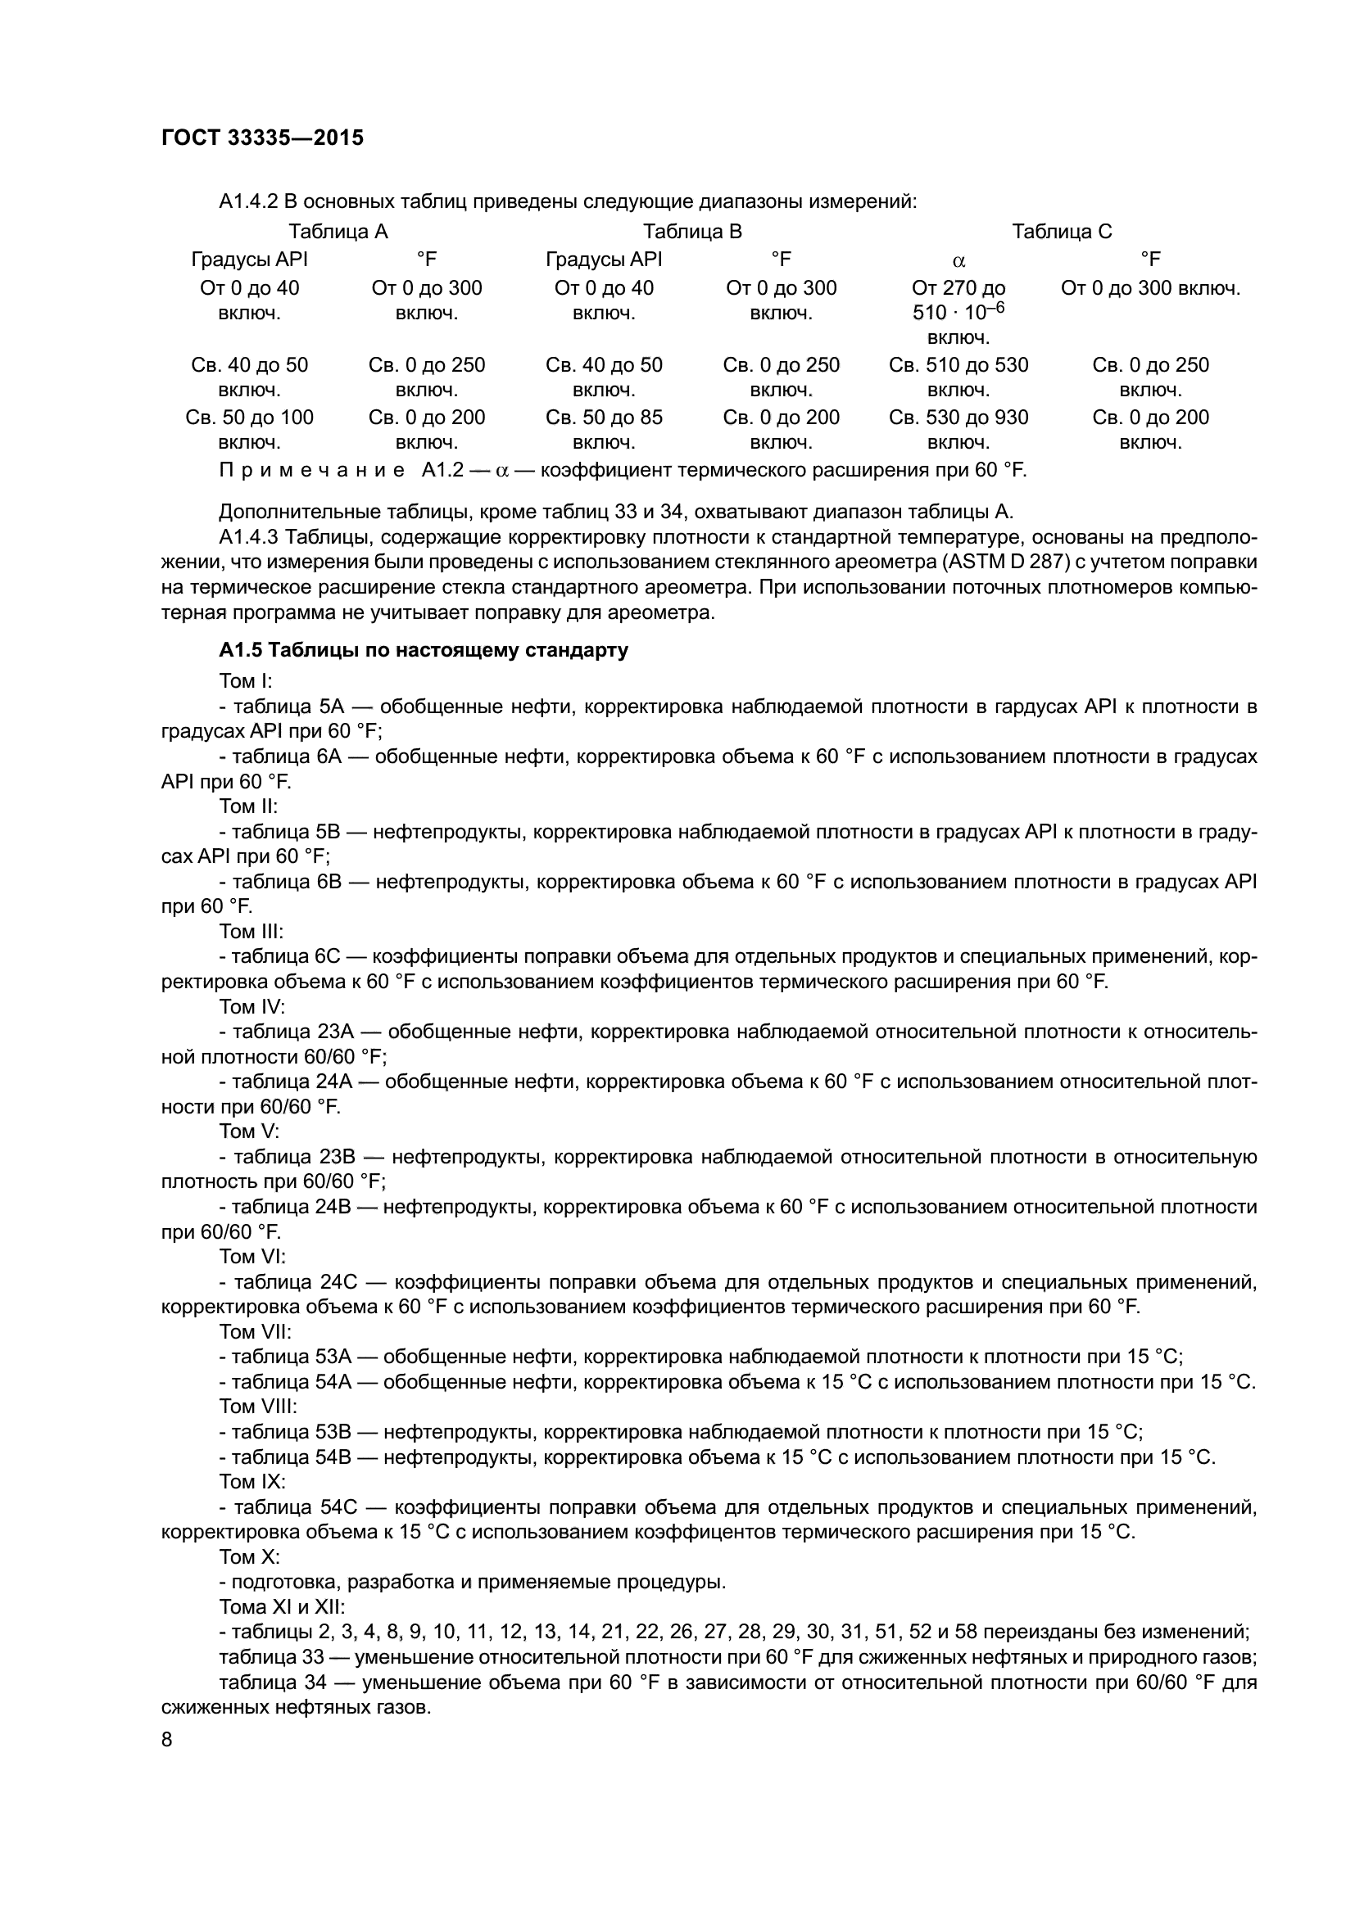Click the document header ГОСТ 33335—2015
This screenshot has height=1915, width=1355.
[x=262, y=138]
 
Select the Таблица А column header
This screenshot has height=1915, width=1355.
[x=338, y=231]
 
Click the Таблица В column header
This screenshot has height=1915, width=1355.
[x=691, y=231]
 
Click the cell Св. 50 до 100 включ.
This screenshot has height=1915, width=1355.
[x=250, y=430]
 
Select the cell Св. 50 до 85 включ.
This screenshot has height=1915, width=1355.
[x=604, y=430]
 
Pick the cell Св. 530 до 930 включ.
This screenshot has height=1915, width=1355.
[x=958, y=430]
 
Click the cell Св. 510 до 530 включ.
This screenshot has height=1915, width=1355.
[x=958, y=377]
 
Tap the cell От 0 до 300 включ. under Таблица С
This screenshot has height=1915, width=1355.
[x=1149, y=288]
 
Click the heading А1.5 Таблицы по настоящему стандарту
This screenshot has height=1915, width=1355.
[x=423, y=651]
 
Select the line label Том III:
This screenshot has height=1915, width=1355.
[x=252, y=931]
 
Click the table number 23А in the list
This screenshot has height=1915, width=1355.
[x=340, y=1032]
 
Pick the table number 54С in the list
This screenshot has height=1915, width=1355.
[x=340, y=1507]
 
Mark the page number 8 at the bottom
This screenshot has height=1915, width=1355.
[x=167, y=1740]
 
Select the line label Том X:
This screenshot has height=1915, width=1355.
[x=250, y=1556]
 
